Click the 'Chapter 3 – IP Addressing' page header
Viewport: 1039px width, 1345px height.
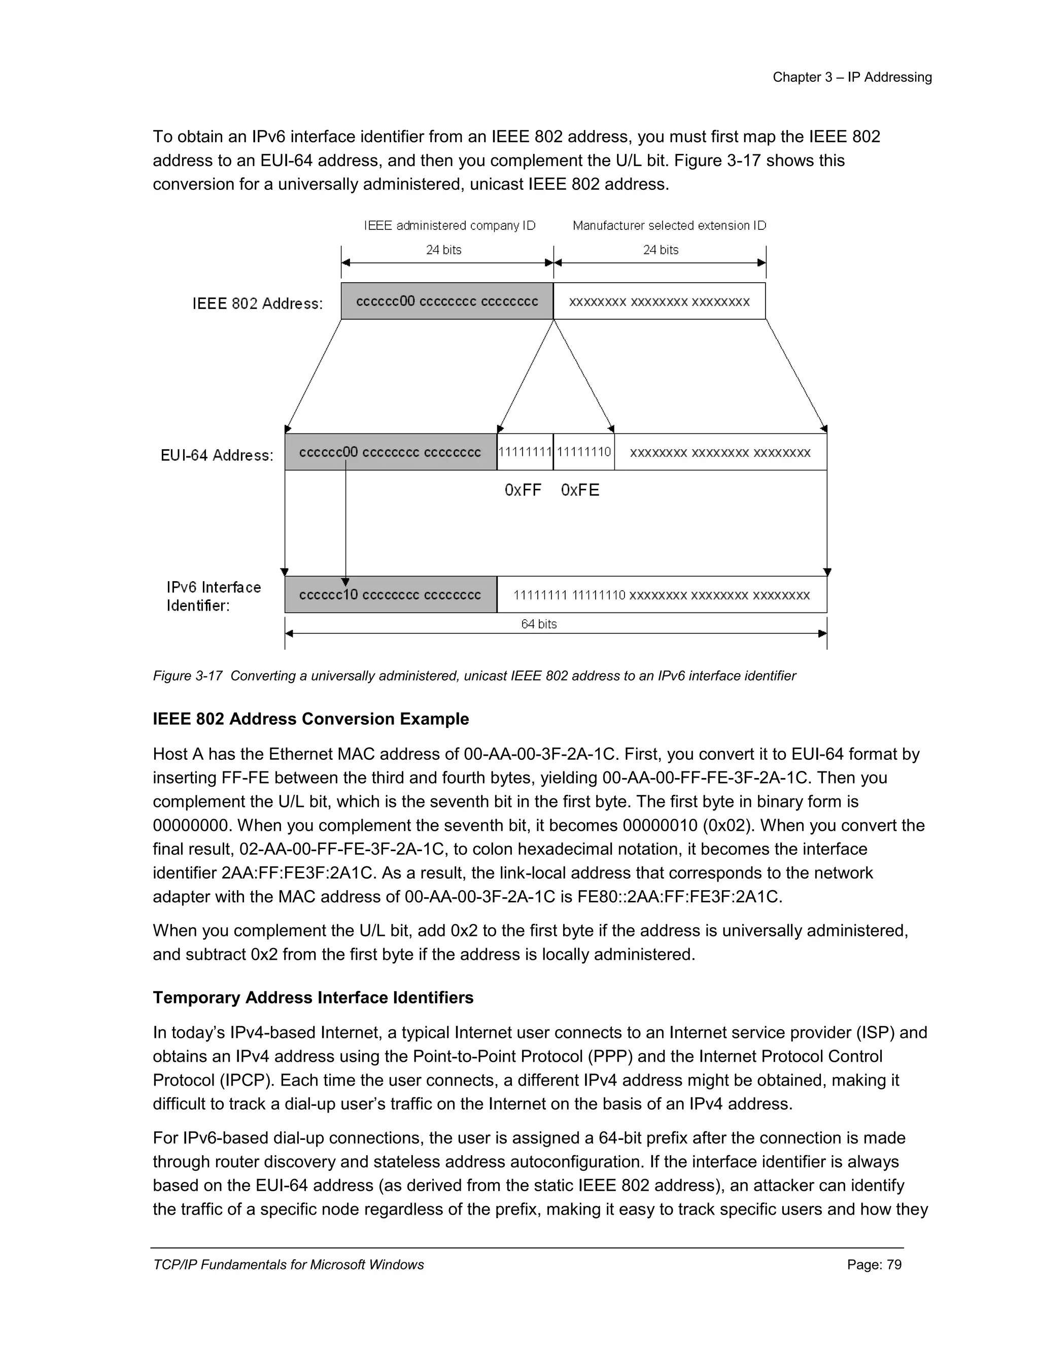pyautogui.click(x=852, y=78)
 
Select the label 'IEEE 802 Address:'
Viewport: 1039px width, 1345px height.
pyautogui.click(x=257, y=304)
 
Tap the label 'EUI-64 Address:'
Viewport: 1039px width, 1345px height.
pyautogui.click(x=217, y=456)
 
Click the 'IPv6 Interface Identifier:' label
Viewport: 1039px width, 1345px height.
pyautogui.click(x=214, y=596)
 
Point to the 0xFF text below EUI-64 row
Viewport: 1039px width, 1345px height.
pyautogui.click(x=523, y=490)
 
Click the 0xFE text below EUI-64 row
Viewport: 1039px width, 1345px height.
pyautogui.click(x=580, y=490)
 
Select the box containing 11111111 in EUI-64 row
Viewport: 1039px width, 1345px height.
pyautogui.click(x=525, y=452)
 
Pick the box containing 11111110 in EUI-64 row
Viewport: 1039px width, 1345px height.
pyautogui.click(x=583, y=452)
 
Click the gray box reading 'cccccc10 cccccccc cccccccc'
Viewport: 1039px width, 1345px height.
pyautogui.click(x=390, y=595)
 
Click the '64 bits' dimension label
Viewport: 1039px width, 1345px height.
pyautogui.click(x=539, y=624)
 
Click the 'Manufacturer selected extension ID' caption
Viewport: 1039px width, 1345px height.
pyautogui.click(x=669, y=226)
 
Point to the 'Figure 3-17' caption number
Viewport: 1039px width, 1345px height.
pyautogui.click(x=188, y=676)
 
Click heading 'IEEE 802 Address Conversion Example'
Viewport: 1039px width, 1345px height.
pyautogui.click(x=311, y=719)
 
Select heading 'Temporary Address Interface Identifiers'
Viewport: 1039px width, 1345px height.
pyautogui.click(x=313, y=998)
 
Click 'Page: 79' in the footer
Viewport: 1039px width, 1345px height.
pyautogui.click(x=874, y=1265)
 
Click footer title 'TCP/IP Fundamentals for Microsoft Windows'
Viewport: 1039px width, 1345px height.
pyautogui.click(x=289, y=1265)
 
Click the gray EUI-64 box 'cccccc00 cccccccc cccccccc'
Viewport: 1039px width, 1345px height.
pyautogui.click(x=390, y=452)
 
